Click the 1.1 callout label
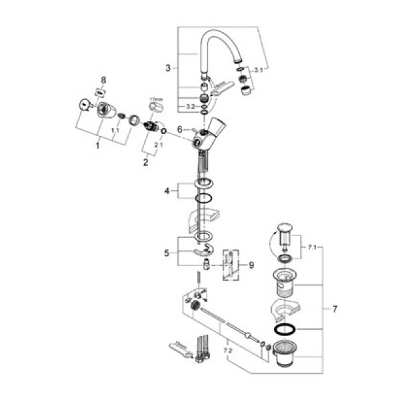pos(115,131)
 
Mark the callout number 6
pos(179,129)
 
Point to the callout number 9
pos(251,265)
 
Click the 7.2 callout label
pos(227,349)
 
